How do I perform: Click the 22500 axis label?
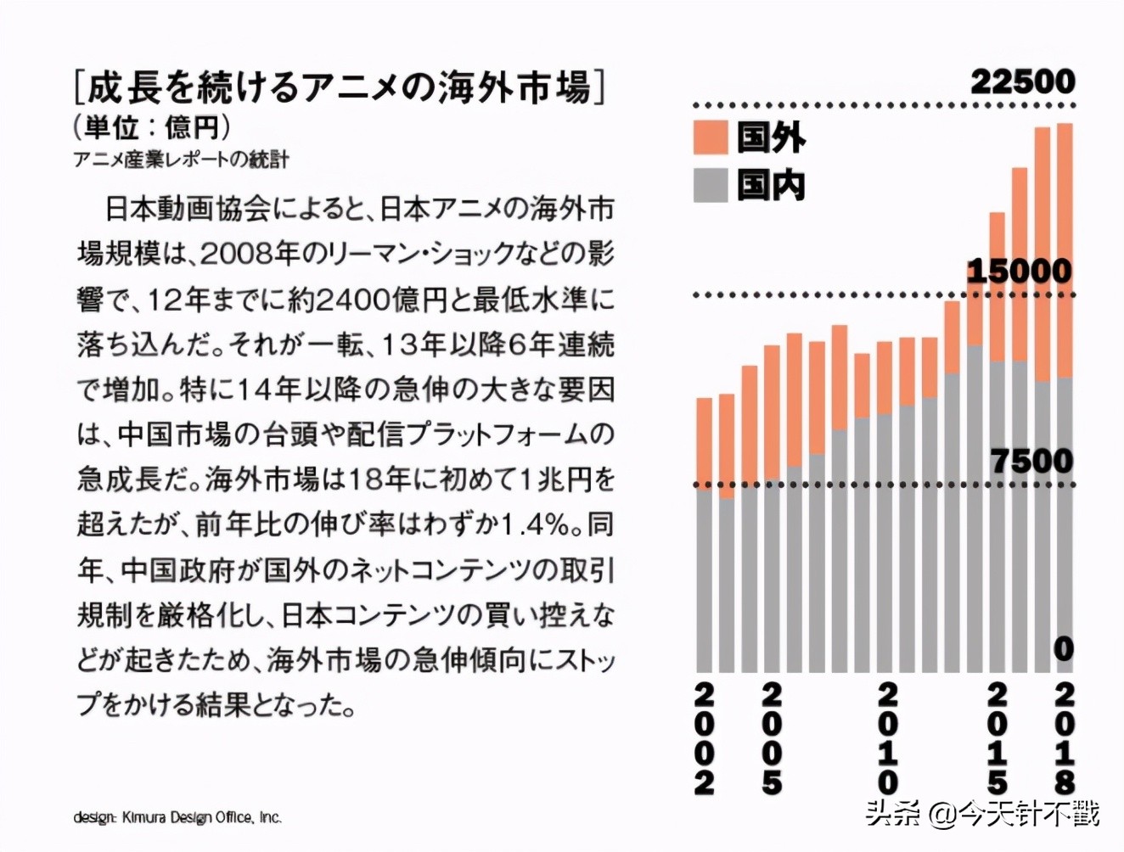1022,82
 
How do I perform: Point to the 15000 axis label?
1019,272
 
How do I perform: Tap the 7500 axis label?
1031,461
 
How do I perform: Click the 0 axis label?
1063,649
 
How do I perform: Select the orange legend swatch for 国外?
711,137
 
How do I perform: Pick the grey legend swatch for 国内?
711,185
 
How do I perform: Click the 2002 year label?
704,738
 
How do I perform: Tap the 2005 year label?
771,738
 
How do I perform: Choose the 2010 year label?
886,738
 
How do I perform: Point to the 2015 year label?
997,738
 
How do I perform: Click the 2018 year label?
1064,738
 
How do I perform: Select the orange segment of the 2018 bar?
1064,250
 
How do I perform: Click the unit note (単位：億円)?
152,127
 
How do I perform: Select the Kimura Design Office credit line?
177,817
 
